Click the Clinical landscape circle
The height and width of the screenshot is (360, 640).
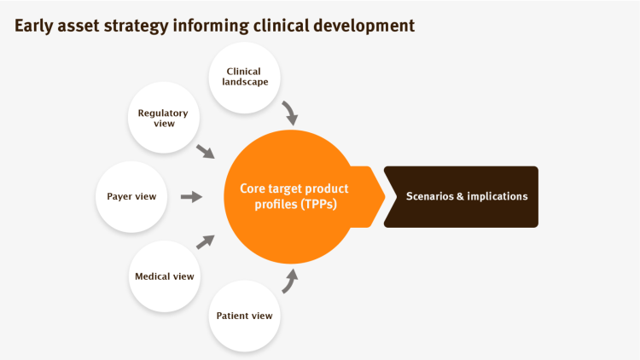coord(245,78)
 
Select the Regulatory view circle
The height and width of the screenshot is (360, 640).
coord(164,118)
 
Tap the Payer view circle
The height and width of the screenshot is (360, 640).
coord(131,197)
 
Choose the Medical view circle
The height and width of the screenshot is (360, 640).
coord(165,276)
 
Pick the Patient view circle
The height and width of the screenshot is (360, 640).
coord(245,316)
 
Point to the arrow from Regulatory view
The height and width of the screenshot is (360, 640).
coord(206,152)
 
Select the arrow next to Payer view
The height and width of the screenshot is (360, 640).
coord(191,197)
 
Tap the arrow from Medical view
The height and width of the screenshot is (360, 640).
coord(206,241)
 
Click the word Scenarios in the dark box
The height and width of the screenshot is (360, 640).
coord(430,196)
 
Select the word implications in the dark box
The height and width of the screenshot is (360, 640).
coord(497,197)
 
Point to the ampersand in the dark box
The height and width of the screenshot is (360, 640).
coord(461,196)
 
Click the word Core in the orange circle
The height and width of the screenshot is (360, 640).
coord(253,189)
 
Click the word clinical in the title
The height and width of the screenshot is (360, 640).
coord(281,26)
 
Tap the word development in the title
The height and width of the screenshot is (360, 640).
coord(364,26)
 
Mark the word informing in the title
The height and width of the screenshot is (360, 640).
coord(211,26)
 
